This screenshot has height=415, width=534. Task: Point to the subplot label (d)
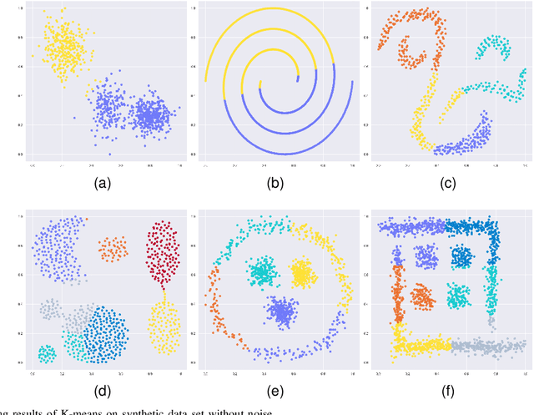tap(105, 391)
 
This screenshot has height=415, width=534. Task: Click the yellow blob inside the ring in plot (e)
tap(302, 272)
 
